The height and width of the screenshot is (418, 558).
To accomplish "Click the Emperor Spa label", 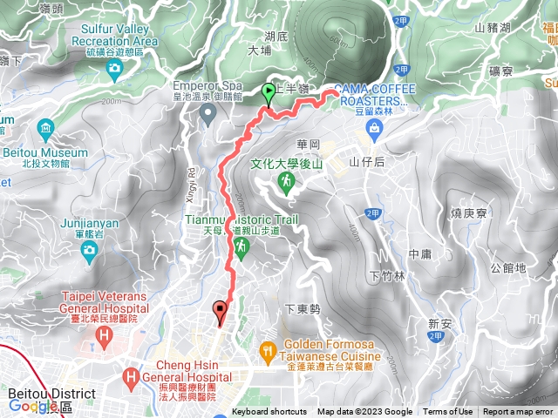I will (x=207, y=86).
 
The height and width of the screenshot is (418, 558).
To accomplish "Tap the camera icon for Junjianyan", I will (x=87, y=251).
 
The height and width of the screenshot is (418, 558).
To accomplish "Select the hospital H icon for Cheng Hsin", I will (x=131, y=377).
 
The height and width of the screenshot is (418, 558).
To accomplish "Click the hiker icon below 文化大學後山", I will (x=285, y=181).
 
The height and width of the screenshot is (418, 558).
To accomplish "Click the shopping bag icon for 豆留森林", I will (x=374, y=129).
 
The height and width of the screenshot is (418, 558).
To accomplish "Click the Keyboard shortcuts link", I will (x=269, y=412).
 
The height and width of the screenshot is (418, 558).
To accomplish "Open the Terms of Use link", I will (x=448, y=412).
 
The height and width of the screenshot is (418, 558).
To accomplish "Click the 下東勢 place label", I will (x=303, y=309).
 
